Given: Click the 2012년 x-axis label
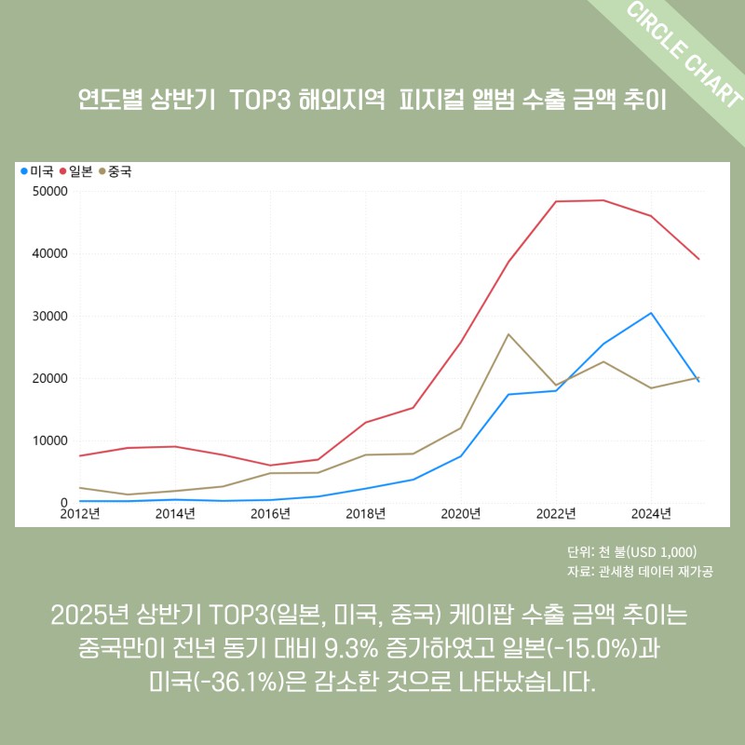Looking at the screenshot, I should (x=82, y=513).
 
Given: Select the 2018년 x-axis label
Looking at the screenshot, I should (x=366, y=513).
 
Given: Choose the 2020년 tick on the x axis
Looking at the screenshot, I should (x=461, y=513).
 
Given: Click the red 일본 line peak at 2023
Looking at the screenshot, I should (x=603, y=200).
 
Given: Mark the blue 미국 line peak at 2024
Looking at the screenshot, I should (x=651, y=313).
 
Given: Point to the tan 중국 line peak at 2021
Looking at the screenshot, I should (x=508, y=333).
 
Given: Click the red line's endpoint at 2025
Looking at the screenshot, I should (x=698, y=259).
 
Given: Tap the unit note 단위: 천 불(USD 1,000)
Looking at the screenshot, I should (x=632, y=551).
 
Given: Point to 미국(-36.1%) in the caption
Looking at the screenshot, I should (x=215, y=682).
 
